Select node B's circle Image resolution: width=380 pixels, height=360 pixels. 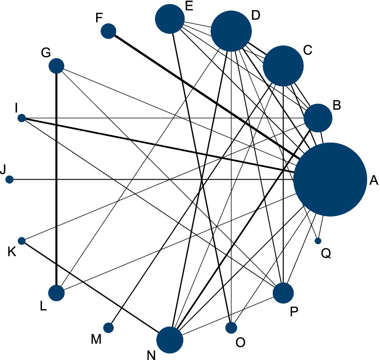[x=318, y=118]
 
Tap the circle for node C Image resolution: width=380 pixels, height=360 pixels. [x=283, y=66]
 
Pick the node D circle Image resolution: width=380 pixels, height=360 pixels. [x=231, y=31]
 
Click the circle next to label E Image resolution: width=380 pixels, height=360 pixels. [x=170, y=19]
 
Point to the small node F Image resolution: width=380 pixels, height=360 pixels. [x=109, y=31]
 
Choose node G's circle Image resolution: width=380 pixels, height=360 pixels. [x=57, y=66]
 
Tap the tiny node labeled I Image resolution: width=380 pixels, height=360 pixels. [x=21, y=118]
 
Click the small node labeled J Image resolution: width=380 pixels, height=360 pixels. [x=10, y=180]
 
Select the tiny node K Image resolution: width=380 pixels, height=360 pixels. [x=21, y=241]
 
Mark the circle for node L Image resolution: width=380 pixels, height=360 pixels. [x=57, y=293]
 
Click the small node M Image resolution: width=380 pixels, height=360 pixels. [x=108, y=328]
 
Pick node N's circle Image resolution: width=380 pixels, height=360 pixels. [x=170, y=340]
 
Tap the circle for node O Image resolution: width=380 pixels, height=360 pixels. [x=231, y=328]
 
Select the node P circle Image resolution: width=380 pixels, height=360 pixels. [x=283, y=293]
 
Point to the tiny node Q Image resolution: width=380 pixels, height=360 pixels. [x=318, y=241]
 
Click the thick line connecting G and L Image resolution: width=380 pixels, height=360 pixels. [x=57, y=178]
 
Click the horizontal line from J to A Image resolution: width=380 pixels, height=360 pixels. [x=133, y=180]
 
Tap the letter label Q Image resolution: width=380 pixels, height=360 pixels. [x=326, y=254]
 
